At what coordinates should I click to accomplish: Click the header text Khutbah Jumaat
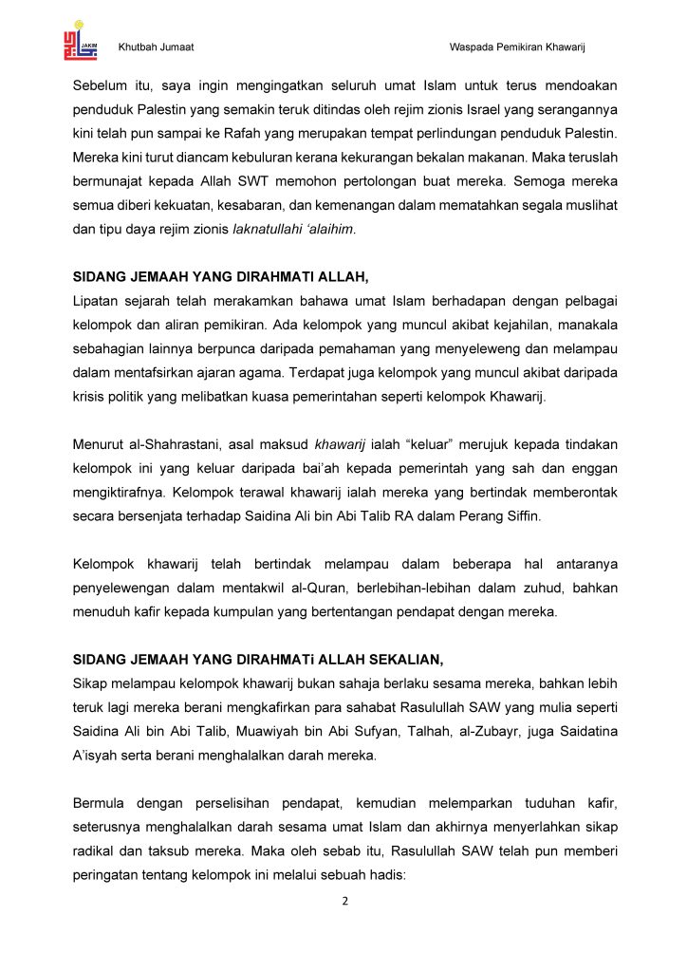tap(156, 47)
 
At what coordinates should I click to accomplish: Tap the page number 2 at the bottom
tap(345, 901)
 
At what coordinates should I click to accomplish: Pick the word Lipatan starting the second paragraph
tap(99, 301)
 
